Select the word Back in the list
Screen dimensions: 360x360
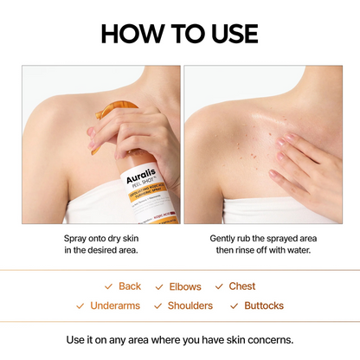[x=130, y=286]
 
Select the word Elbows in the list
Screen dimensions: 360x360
[x=185, y=286]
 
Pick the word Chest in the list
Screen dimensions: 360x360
[x=242, y=286]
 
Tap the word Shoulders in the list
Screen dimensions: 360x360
[x=190, y=305]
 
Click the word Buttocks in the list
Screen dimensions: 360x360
[x=264, y=305]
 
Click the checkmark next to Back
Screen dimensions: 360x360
[x=108, y=286]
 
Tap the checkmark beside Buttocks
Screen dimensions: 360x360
[x=234, y=305]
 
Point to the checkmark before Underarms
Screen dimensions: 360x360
[x=80, y=305]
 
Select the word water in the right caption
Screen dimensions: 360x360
[x=293, y=250]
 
